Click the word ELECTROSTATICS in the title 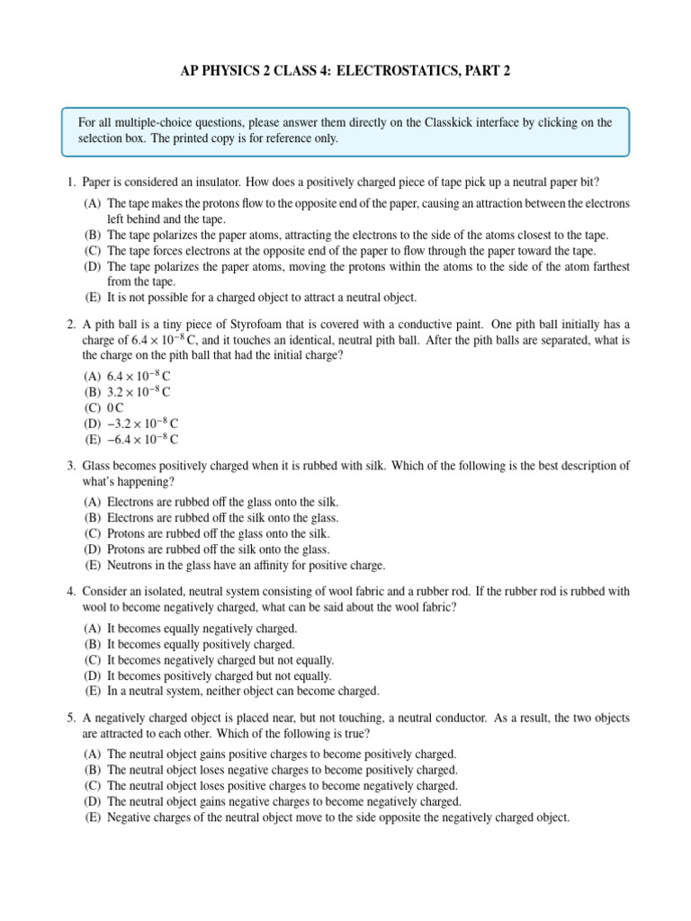click(372, 71)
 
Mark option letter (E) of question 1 click(93, 297)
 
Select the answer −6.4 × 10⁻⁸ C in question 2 click(143, 439)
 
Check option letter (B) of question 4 click(93, 644)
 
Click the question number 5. click(70, 719)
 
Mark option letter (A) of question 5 click(93, 754)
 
